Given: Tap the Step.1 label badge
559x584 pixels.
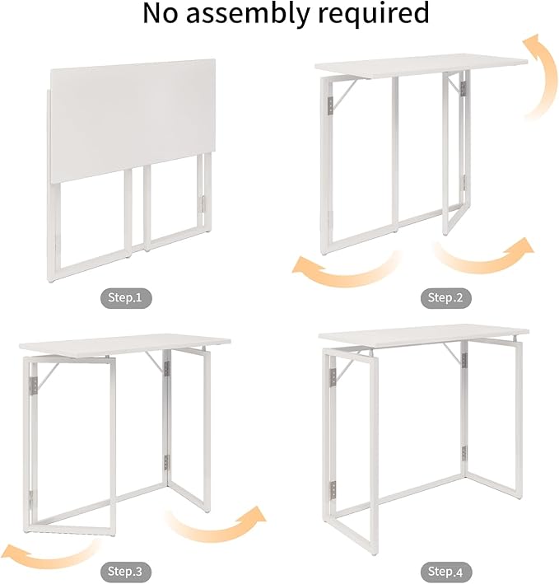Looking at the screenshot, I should click(x=127, y=297).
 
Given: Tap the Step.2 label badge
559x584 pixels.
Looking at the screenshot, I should click(x=445, y=297).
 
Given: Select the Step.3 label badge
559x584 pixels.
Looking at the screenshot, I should click(x=127, y=570).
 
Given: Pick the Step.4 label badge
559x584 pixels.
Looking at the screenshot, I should click(x=445, y=570).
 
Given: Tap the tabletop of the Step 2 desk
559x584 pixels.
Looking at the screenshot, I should click(x=421, y=68).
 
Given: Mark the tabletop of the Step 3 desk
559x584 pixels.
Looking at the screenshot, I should click(x=123, y=343).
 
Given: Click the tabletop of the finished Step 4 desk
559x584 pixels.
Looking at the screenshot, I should click(x=422, y=337).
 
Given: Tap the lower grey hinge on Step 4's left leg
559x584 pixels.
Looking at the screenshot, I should click(x=333, y=490).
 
